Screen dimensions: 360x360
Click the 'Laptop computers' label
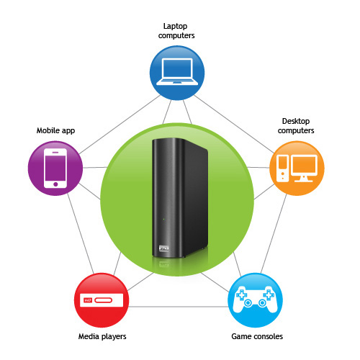click(176, 31)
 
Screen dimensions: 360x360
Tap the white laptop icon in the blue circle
click(177, 72)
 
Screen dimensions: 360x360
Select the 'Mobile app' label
click(55, 130)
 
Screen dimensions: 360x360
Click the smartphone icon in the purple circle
click(55, 168)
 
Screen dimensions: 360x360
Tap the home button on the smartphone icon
click(55, 184)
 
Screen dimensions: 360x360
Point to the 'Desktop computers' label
click(296, 126)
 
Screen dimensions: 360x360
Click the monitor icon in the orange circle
click(304, 168)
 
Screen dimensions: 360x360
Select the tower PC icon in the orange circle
click(282, 168)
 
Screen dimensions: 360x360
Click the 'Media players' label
click(102, 336)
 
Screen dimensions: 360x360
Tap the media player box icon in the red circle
click(102, 300)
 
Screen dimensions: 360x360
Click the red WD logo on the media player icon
click(88, 300)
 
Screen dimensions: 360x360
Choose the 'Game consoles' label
click(257, 336)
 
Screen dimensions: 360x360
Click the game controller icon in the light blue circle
click(255, 300)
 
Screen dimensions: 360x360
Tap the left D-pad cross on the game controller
click(241, 294)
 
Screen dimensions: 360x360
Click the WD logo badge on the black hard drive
click(164, 248)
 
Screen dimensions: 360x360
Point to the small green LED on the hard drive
click(163, 219)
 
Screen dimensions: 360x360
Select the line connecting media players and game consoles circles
click(178, 307)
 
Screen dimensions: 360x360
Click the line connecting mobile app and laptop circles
click(120, 125)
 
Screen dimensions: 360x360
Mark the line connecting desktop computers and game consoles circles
click(274, 233)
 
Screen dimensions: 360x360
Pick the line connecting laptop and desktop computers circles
click(234, 124)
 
